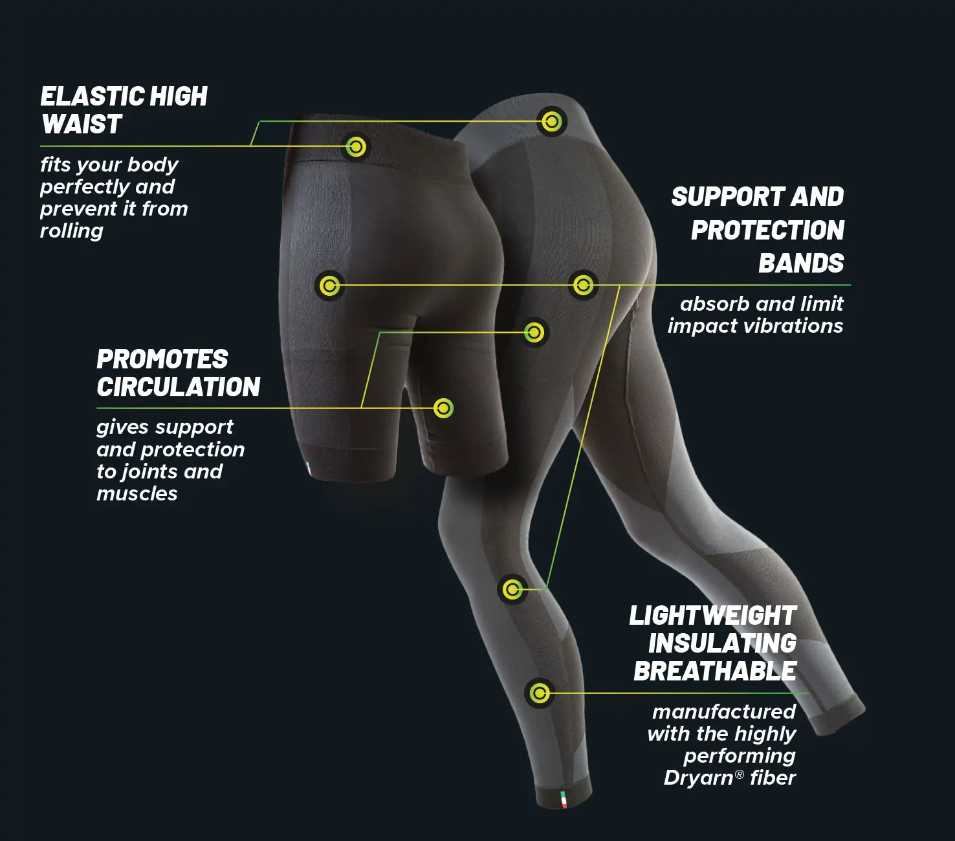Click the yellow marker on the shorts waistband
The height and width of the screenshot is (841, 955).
(356, 147)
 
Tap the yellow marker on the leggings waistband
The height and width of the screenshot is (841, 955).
(551, 122)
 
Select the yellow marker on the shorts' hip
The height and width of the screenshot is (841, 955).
(329, 286)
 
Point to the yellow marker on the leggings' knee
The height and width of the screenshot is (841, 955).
(512, 589)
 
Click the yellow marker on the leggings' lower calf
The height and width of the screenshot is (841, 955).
(539, 693)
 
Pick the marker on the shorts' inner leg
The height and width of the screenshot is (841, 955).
(443, 408)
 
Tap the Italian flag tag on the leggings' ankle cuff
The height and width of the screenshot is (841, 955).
(564, 800)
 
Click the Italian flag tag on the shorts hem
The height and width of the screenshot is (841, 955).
(308, 469)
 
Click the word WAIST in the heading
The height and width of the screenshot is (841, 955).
(82, 124)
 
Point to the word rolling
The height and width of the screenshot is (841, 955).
(72, 231)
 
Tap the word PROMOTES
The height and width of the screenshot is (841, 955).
(162, 359)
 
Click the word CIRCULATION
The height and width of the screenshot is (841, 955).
(178, 387)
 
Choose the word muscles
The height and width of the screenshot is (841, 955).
(137, 494)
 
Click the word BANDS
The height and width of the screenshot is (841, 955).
(801, 263)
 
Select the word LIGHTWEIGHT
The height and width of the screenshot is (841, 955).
(713, 616)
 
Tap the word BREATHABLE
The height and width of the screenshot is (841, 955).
(715, 671)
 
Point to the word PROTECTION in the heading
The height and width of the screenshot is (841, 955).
(767, 230)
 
